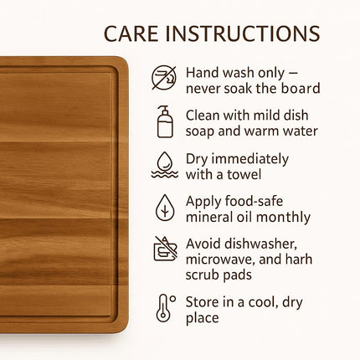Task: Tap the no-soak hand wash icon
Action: tap(164, 78)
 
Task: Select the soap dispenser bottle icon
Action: tap(165, 121)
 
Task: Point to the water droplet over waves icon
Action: tap(164, 165)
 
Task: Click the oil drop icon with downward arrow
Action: tap(165, 207)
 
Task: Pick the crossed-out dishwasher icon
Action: tap(165, 250)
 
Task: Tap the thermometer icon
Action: tap(164, 308)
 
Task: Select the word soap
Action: tap(200, 131)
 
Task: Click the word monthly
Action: tap(285, 218)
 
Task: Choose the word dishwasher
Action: tap(258, 244)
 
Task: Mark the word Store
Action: tap(203, 302)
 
